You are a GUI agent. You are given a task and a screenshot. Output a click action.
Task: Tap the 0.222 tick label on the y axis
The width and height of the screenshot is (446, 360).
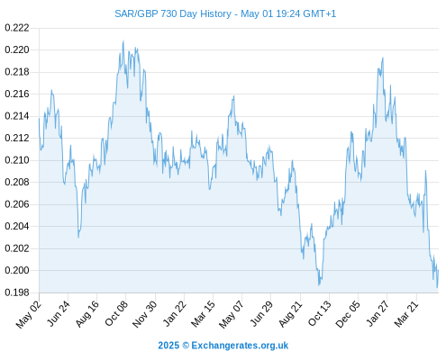[17, 28]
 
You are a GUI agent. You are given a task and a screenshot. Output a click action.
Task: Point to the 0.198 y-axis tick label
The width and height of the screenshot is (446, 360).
[17, 292]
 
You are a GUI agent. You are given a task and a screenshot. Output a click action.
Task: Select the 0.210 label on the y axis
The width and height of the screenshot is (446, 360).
[17, 160]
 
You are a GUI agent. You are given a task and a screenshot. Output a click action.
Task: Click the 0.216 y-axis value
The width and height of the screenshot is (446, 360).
[17, 94]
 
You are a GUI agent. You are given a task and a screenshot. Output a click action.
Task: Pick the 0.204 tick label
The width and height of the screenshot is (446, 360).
[17, 226]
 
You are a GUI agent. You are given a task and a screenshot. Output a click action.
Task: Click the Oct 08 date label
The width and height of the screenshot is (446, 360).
[116, 313]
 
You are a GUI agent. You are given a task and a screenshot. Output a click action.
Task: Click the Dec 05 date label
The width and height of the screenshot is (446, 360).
[348, 314]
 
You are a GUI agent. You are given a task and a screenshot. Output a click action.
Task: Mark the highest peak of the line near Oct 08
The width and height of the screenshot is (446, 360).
[123, 40]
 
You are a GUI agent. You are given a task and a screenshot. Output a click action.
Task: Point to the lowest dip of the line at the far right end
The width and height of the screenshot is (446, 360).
[437, 287]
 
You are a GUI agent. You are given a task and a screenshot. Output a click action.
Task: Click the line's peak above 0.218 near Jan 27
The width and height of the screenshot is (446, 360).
[383, 58]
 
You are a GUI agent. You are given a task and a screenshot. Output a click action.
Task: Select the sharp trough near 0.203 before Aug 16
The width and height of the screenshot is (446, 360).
[78, 238]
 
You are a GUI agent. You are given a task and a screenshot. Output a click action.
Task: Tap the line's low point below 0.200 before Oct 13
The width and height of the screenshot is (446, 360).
[319, 285]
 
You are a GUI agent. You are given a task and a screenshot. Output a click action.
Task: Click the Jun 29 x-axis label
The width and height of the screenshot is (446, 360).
[261, 313]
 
